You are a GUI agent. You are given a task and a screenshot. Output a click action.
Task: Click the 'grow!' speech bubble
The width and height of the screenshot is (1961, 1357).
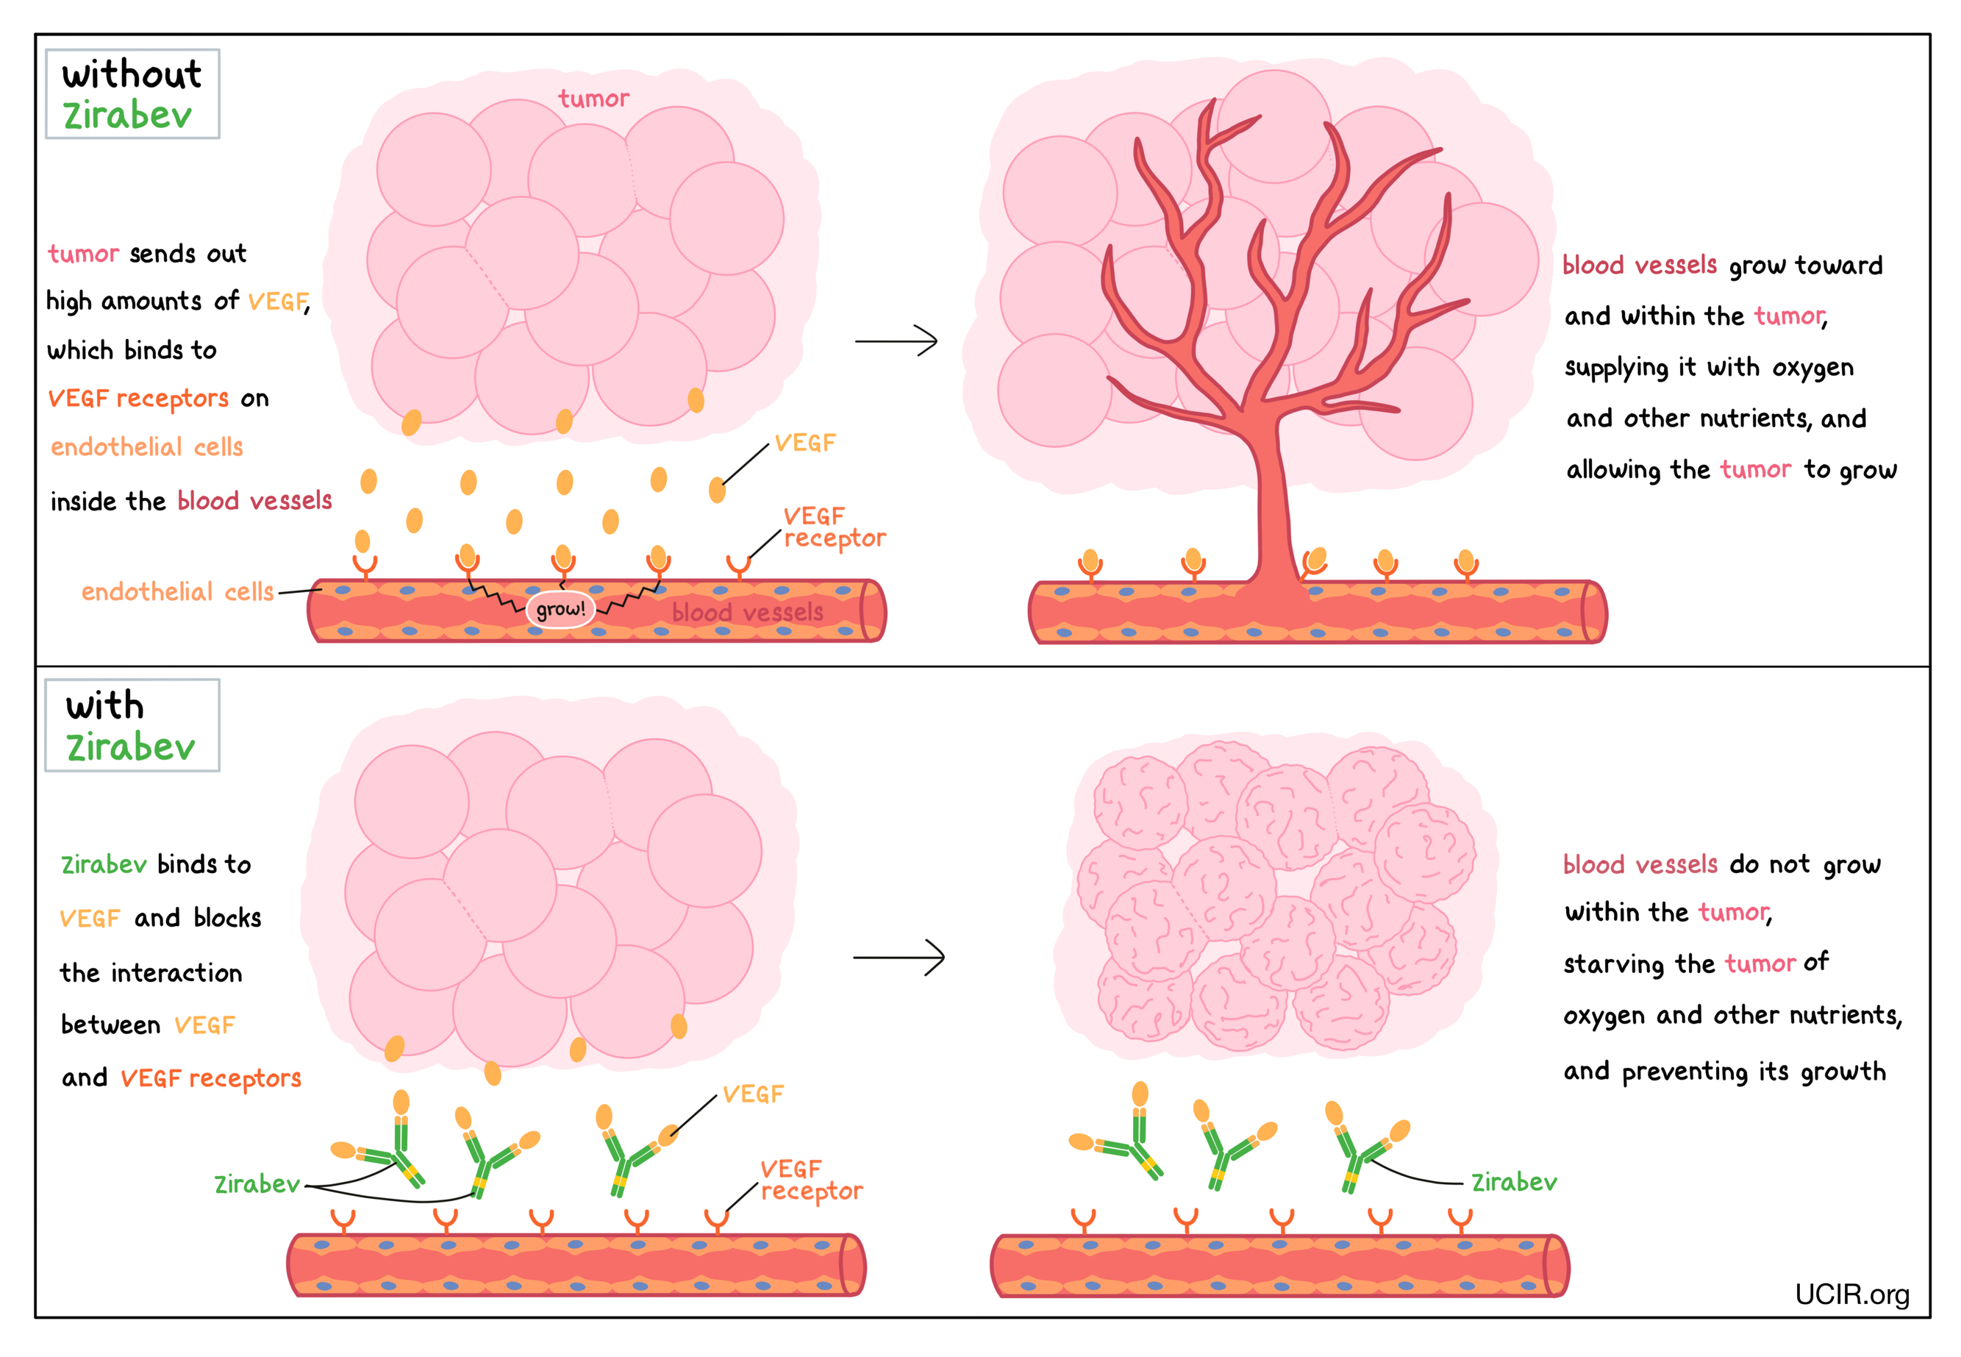pos(560,609)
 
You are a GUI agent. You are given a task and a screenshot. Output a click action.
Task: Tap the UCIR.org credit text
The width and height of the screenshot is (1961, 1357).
pos(1851,1294)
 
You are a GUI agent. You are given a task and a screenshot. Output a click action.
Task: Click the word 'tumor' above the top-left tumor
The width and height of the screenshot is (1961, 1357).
pos(593,99)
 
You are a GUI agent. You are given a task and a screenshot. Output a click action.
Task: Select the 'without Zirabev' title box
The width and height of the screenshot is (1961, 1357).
pos(132,93)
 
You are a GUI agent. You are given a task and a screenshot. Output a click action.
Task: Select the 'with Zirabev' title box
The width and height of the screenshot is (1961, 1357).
pos(132,725)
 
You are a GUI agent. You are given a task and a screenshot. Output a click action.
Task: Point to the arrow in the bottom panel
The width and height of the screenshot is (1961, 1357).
pos(899,958)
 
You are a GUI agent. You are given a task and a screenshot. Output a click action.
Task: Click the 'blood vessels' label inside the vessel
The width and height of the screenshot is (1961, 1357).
pos(747,612)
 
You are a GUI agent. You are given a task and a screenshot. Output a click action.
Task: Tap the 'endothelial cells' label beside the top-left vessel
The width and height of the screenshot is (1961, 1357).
pos(176,592)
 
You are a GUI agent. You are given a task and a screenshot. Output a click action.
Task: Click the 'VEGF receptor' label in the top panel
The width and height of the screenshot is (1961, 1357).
pos(832,528)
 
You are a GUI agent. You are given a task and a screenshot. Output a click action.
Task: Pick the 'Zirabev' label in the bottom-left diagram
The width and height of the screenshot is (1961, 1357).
pos(256,1184)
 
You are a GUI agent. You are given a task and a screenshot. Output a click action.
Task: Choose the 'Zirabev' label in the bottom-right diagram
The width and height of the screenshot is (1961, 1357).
pos(1514,1183)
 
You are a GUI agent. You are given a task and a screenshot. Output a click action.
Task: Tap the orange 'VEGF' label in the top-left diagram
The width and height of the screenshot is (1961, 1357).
pos(804,443)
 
